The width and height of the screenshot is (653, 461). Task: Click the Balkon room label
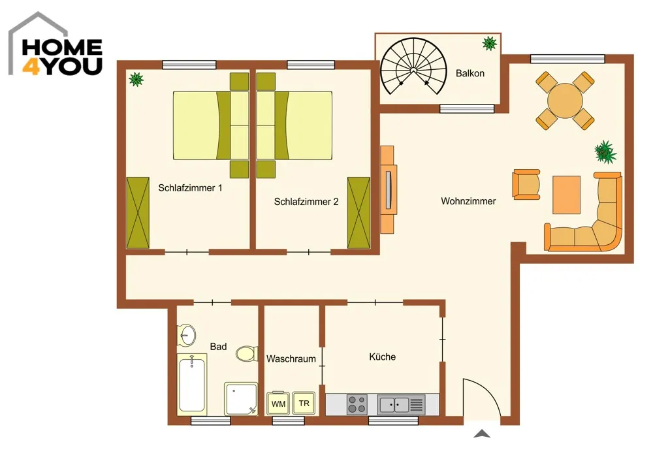[x=470, y=73]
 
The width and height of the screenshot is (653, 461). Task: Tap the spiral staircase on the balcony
[x=413, y=66]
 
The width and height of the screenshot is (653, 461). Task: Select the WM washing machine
[x=278, y=403]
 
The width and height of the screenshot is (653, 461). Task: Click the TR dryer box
[x=304, y=403]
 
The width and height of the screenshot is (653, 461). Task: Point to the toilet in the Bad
[x=247, y=354]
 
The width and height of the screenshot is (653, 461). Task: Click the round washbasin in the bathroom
[x=187, y=335]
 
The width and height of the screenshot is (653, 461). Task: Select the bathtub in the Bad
[x=191, y=383]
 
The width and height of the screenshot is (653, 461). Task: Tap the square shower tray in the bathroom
[x=241, y=399]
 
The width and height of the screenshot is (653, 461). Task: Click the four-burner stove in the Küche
[x=357, y=404]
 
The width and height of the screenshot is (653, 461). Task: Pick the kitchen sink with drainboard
[x=401, y=404]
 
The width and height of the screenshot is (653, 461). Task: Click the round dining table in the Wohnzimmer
[x=565, y=101]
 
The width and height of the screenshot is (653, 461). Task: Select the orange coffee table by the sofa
[x=566, y=195]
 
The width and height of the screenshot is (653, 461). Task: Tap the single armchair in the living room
[x=526, y=184]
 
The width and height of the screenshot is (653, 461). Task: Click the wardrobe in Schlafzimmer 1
[x=138, y=213]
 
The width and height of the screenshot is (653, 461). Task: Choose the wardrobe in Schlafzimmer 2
[x=358, y=213]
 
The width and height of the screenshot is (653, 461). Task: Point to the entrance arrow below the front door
[x=482, y=434]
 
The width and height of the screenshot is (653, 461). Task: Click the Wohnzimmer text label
[x=468, y=201]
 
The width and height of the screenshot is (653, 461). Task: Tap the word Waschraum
[x=291, y=358]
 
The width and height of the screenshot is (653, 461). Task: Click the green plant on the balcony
[x=489, y=43]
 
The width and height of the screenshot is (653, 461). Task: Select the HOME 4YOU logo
[x=56, y=45]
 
